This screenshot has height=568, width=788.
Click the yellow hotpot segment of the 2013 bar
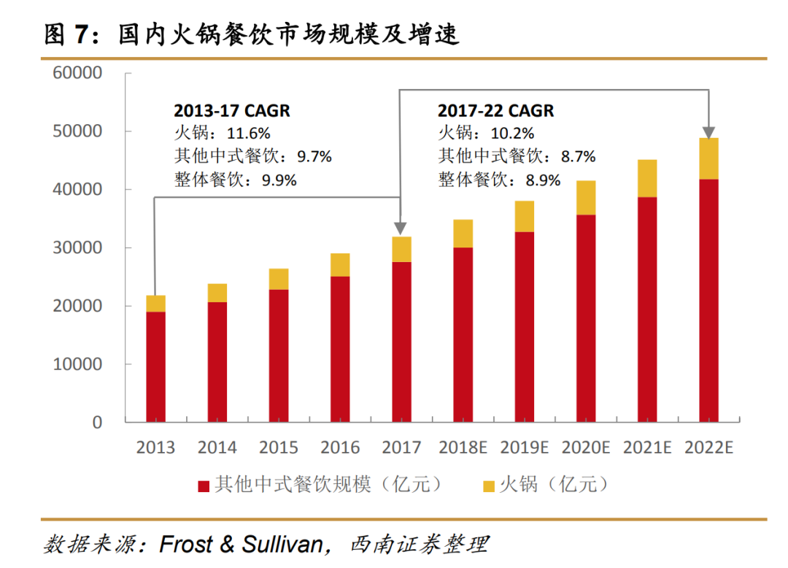point(155,303)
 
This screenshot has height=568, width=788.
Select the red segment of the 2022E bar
point(708,299)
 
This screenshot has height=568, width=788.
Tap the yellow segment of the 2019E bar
point(524,216)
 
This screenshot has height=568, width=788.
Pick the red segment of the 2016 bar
point(340,349)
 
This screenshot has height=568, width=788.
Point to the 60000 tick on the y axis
point(77,73)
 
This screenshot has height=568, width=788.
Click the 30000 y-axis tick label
point(77,248)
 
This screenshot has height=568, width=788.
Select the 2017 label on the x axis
point(401,448)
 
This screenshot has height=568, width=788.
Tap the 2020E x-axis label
point(585,448)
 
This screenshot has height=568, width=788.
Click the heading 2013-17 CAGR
point(232,111)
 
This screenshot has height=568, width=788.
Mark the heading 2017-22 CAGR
point(495,111)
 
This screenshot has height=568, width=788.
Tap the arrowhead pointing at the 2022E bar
point(708,132)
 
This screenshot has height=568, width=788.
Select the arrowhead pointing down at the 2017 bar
point(400,230)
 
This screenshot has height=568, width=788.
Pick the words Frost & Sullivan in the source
point(241,544)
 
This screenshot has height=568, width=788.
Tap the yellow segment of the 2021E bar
point(647,178)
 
